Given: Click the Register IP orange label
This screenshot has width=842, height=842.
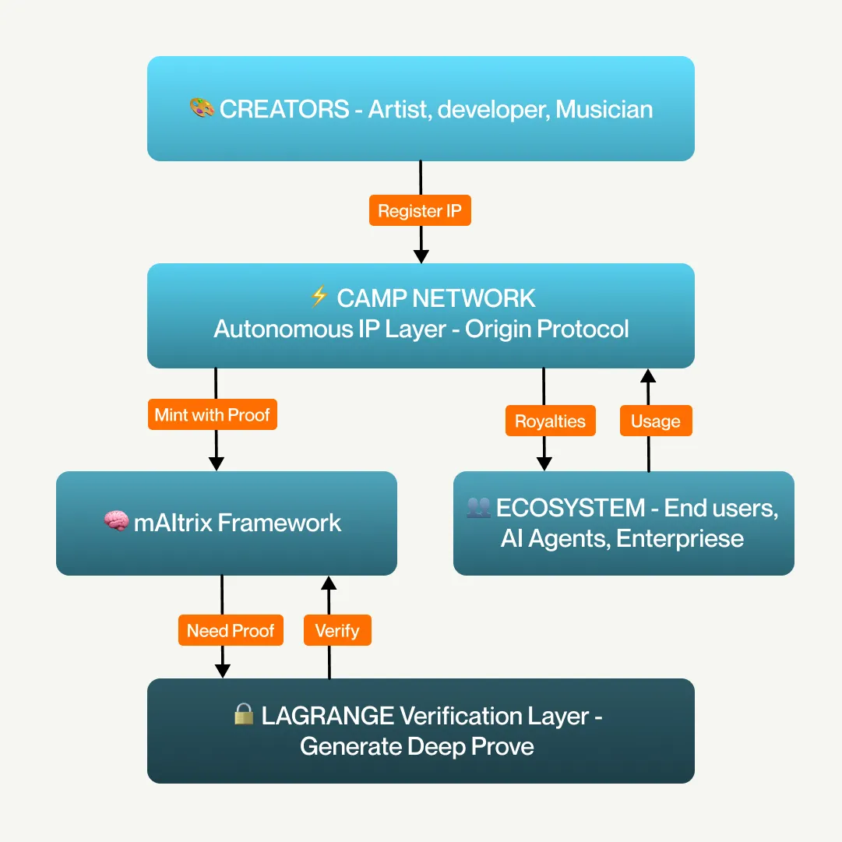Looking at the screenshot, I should pyautogui.click(x=420, y=210).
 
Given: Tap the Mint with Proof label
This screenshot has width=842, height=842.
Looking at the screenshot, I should pyautogui.click(x=212, y=414).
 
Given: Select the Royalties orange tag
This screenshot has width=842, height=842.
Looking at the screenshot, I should pyautogui.click(x=550, y=421).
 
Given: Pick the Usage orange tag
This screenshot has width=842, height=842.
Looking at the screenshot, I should pyautogui.click(x=655, y=421).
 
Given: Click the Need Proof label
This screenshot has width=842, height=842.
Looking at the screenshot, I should pyautogui.click(x=231, y=630).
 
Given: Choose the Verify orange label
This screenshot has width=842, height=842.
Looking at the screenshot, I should pyautogui.click(x=336, y=630).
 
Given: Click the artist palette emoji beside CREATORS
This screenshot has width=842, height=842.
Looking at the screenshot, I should pyautogui.click(x=202, y=108).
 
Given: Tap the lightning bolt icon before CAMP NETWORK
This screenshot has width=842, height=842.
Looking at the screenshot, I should pyautogui.click(x=319, y=297).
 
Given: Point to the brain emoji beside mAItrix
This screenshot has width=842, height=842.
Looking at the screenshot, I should pyautogui.click(x=116, y=522).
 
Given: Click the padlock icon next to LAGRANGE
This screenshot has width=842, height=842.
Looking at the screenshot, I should pyautogui.click(x=244, y=714).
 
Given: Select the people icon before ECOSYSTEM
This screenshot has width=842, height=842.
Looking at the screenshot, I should pyautogui.click(x=478, y=508).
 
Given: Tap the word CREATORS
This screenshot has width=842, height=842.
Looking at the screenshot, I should pyautogui.click(x=284, y=109).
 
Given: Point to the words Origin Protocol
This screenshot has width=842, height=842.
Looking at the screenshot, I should pyautogui.click(x=547, y=329).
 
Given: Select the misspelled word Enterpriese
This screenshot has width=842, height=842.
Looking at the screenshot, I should pyautogui.click(x=679, y=538).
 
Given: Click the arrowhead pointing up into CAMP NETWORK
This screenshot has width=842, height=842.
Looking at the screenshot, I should pyautogui.click(x=648, y=376).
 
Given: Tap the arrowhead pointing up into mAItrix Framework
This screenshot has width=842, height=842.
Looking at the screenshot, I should pyautogui.click(x=329, y=583).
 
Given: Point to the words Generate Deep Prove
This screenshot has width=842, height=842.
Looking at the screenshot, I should pyautogui.click(x=417, y=746).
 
